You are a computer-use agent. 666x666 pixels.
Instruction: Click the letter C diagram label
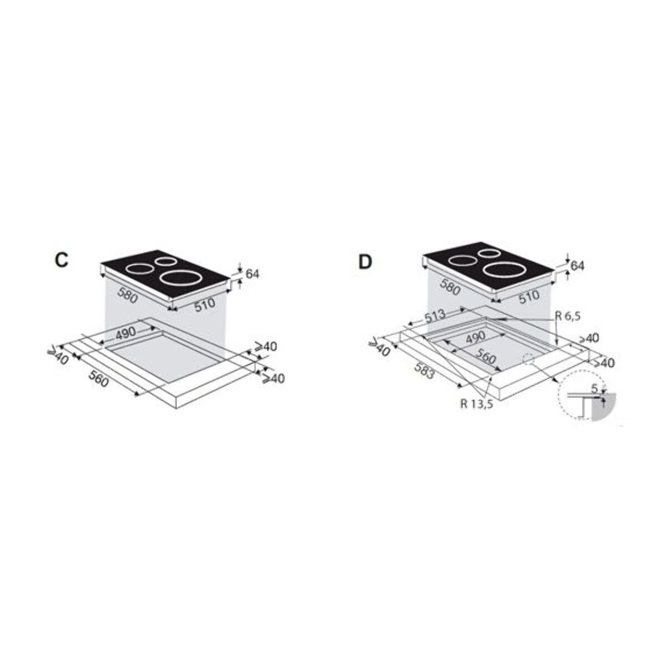pos(62,261)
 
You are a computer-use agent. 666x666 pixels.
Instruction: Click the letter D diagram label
pos(364,261)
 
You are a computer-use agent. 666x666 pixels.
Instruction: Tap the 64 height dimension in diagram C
pos(252,274)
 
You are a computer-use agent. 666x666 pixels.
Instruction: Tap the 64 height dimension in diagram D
pos(578,266)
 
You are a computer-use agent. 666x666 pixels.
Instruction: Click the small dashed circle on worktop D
pos(527,359)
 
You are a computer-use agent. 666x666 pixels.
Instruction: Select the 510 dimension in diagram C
pos(204,306)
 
